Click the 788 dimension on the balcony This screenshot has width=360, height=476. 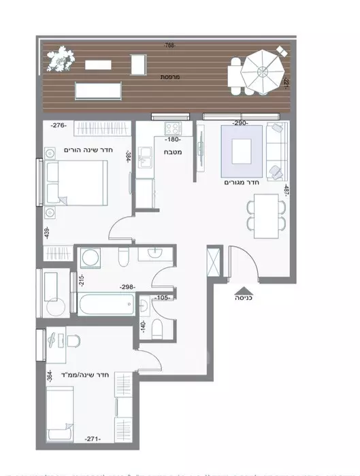coord(169,46)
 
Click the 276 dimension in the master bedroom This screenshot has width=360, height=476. coord(59,125)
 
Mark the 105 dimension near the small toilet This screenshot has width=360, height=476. coord(163,297)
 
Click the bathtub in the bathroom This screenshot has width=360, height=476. coord(107,303)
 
